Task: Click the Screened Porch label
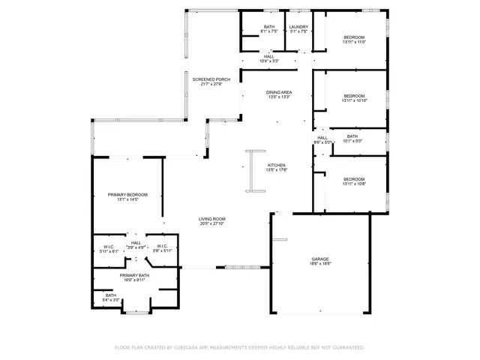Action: (x=211, y=79)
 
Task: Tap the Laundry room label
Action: (x=299, y=28)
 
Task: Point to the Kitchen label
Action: (x=276, y=165)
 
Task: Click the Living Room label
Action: (x=212, y=218)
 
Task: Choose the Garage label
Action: (x=320, y=259)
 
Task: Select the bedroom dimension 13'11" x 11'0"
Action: (x=354, y=43)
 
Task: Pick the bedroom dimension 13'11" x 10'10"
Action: (x=354, y=100)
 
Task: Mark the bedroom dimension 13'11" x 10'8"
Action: (x=354, y=184)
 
